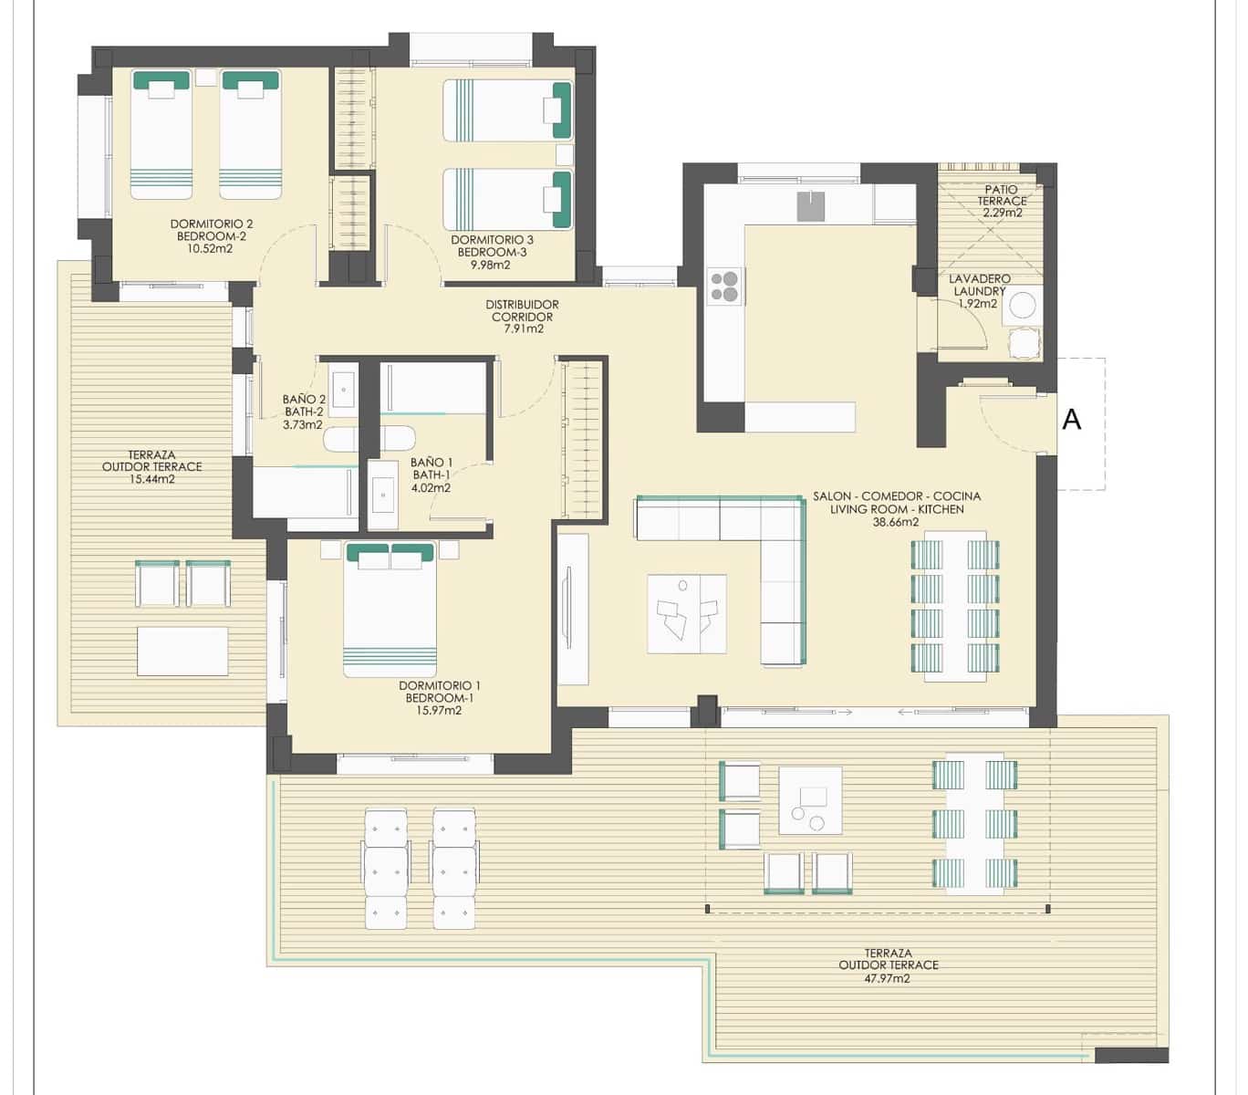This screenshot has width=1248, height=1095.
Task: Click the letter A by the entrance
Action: point(1072,420)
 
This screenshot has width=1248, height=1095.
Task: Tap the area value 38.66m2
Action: point(896,523)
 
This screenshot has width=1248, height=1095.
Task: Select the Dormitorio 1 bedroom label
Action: point(439,686)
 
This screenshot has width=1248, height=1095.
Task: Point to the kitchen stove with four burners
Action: point(725,287)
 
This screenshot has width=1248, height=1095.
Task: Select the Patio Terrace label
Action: point(1002,195)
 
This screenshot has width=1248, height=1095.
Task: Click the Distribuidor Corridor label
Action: point(522,311)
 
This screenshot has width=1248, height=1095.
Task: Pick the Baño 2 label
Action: point(304,400)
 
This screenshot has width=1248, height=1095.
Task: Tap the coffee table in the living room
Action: point(686,614)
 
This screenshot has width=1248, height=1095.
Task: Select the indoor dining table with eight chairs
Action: point(955,606)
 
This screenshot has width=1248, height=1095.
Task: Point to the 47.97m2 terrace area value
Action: point(888,978)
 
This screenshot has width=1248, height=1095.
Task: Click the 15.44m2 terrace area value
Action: point(151,479)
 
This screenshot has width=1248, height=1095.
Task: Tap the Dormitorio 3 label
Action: point(492,241)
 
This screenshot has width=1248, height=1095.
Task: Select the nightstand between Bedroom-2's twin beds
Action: point(206,78)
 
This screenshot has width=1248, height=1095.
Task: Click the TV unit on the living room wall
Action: point(572,610)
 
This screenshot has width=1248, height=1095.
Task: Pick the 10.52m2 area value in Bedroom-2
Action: point(211,248)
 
